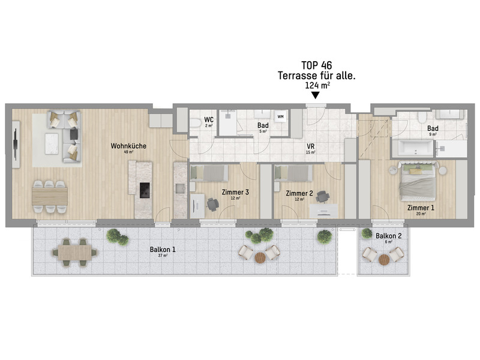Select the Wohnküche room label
[128, 146]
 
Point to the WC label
[209, 120]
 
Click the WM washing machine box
[281, 116]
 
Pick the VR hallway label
[311, 146]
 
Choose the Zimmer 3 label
[235, 193]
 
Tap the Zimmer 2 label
[299, 193]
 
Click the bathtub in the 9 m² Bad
[415, 148]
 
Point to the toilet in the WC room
[196, 124]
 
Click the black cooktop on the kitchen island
[145, 190]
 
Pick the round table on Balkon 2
[384, 259]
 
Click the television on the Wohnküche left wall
[14, 145]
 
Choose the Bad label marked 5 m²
[262, 126]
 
